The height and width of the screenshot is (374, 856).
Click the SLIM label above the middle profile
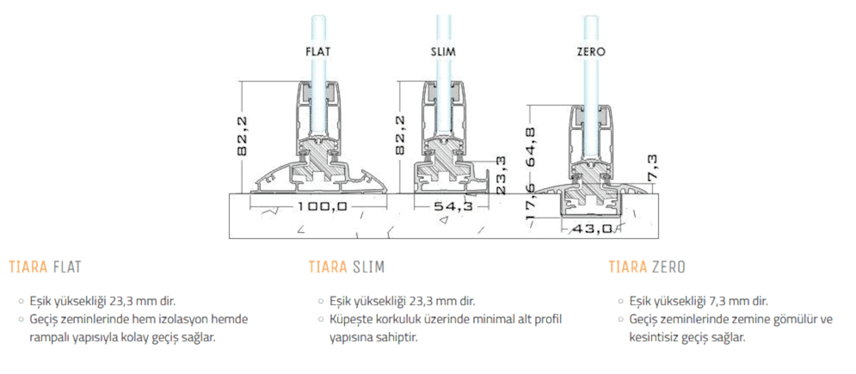coord(444,52)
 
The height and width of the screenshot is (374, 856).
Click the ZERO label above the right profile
coord(591,52)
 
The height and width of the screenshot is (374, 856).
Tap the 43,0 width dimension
coord(593,228)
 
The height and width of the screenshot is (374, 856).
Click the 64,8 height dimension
coord(533,147)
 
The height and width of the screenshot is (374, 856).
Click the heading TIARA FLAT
coord(45,267)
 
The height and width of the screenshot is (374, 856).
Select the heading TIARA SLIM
coord(347,267)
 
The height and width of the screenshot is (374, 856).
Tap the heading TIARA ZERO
coord(646,267)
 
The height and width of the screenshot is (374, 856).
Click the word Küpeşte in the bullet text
coord(353,320)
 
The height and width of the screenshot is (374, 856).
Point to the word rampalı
coord(51,337)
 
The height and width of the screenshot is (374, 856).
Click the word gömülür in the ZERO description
coord(785,320)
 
